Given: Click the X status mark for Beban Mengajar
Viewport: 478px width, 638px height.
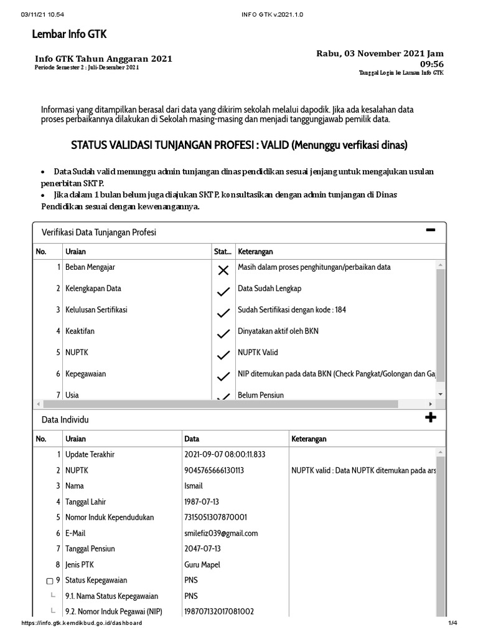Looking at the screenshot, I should [x=223, y=270].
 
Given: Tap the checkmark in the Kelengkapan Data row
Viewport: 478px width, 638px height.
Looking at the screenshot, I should [x=223, y=291].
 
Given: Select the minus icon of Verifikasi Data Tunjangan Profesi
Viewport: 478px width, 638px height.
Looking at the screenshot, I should [x=430, y=231].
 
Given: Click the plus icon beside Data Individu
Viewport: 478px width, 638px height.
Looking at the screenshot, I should [x=430, y=417].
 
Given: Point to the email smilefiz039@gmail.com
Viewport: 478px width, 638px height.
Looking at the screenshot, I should [x=221, y=533].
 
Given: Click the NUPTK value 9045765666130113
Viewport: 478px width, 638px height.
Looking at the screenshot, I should [x=214, y=470].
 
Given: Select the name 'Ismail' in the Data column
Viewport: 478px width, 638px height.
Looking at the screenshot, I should [x=194, y=486].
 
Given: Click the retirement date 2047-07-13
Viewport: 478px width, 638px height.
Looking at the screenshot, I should [x=203, y=548].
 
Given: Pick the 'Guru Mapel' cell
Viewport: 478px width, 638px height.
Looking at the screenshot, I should [x=202, y=564].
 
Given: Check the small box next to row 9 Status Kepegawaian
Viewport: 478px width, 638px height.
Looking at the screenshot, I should [x=50, y=581].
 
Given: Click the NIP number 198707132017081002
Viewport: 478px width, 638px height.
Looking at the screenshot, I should [x=219, y=611].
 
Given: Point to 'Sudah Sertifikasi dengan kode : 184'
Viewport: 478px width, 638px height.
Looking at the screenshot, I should [x=291, y=310].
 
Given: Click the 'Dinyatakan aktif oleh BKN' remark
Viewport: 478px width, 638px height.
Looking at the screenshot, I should [x=278, y=331].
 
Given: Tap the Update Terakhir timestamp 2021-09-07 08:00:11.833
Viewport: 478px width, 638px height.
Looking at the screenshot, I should [x=225, y=454].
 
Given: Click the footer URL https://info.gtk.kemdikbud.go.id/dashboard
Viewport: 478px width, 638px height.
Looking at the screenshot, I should [x=82, y=623].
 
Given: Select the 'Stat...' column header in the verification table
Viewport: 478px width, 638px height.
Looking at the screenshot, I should [x=222, y=252].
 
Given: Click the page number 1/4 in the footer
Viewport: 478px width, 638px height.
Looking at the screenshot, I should [x=452, y=623].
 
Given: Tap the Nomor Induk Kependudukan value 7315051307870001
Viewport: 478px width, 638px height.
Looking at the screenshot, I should [x=215, y=517].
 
